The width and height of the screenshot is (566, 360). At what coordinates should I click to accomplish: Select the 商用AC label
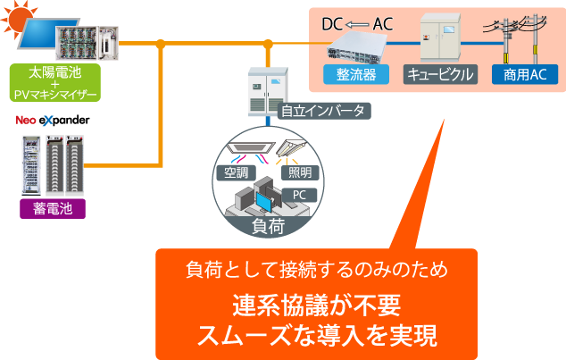(x=520, y=74)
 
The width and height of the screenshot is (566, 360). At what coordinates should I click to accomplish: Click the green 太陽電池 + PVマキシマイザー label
(x=54, y=82)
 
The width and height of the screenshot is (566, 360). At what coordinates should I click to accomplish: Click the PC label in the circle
(x=301, y=194)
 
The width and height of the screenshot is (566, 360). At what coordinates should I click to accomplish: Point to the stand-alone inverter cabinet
(x=267, y=89)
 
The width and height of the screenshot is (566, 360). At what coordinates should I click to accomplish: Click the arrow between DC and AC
(x=356, y=24)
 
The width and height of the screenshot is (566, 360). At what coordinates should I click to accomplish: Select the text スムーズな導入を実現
(x=316, y=337)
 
